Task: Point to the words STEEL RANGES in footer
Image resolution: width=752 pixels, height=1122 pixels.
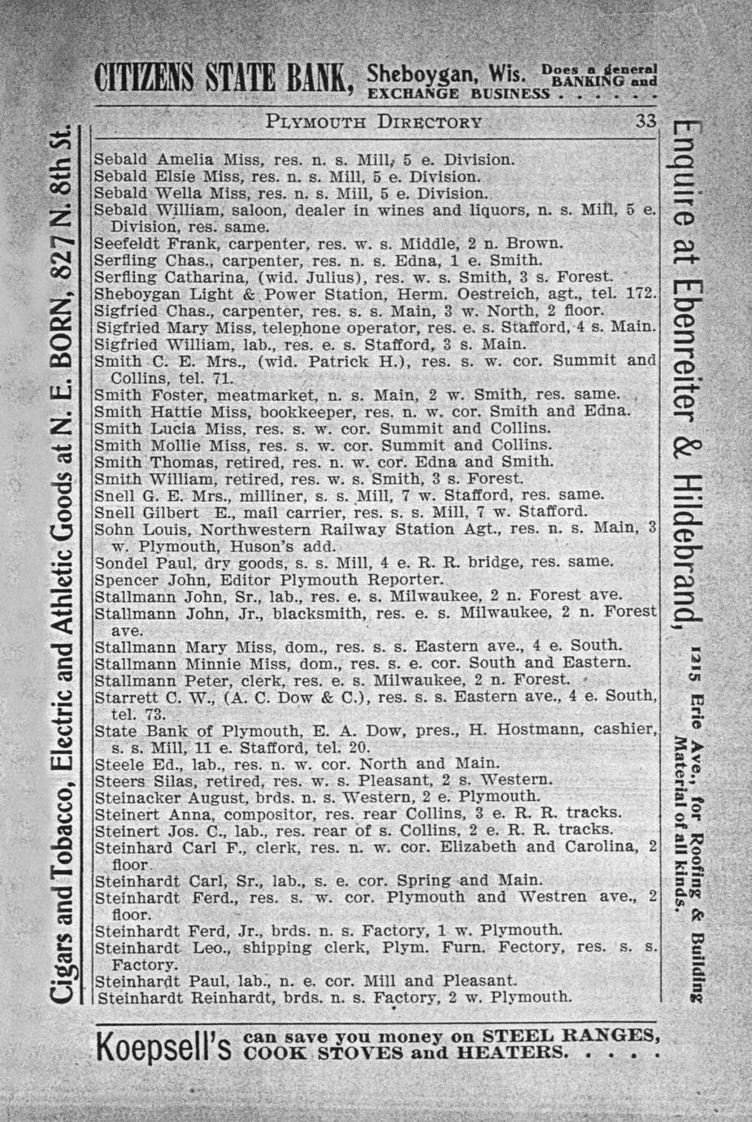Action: [569, 1036]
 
